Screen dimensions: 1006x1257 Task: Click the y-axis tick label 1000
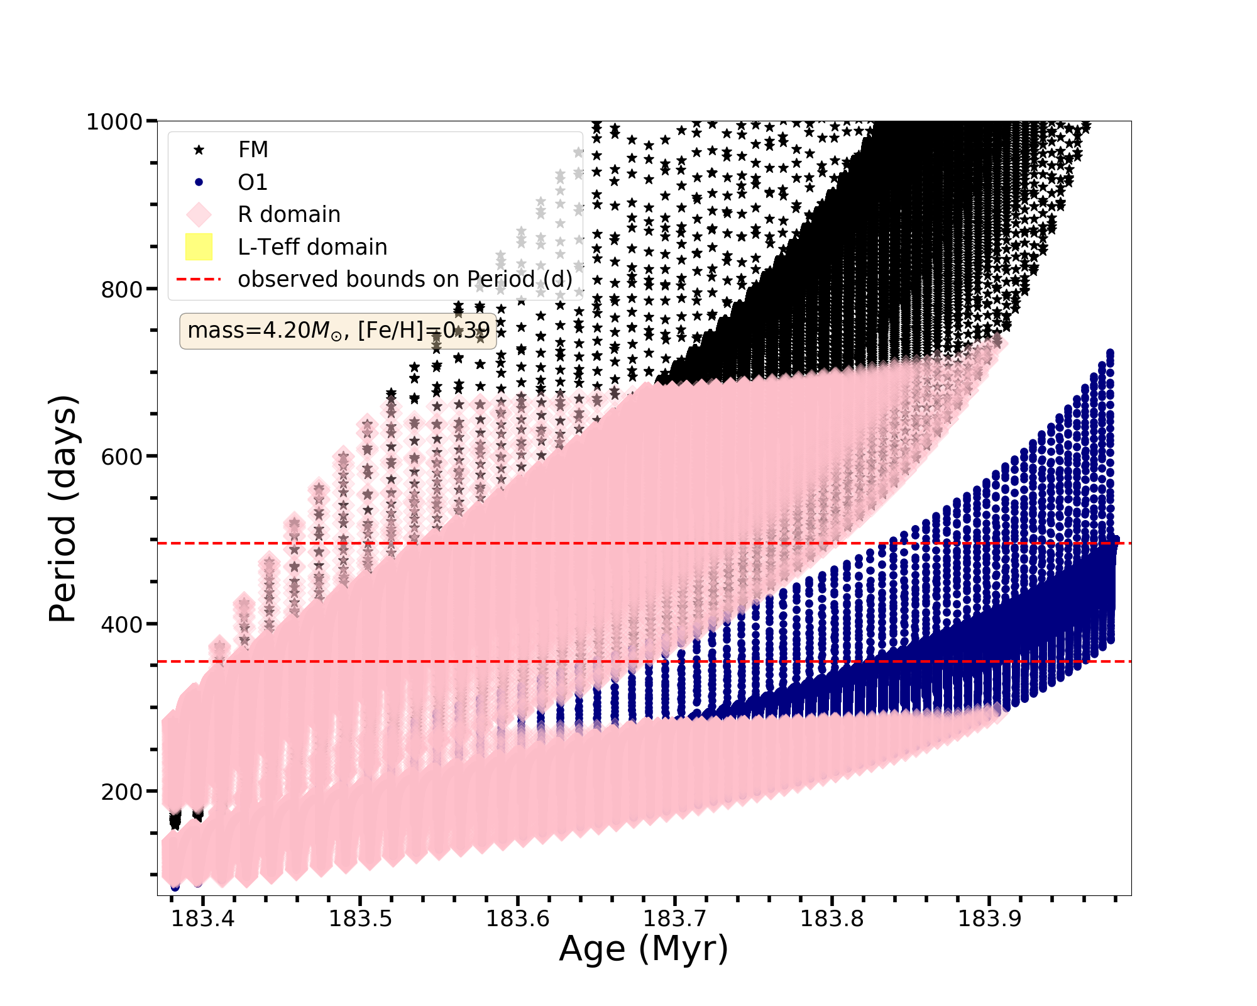[x=115, y=122]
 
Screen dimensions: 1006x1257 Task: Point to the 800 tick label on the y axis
[x=122, y=290]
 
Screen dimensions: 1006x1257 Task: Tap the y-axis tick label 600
[x=122, y=457]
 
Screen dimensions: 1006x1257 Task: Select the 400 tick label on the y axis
[x=122, y=625]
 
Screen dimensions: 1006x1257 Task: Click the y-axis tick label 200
[x=122, y=792]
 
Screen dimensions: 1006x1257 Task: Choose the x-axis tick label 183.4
[x=203, y=919]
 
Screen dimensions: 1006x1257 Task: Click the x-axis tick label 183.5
[x=361, y=919]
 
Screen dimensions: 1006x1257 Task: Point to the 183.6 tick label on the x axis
[x=518, y=919]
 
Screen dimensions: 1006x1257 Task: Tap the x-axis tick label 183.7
[x=674, y=919]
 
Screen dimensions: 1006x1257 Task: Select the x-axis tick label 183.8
[x=832, y=919]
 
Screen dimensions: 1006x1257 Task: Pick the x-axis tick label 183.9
[x=989, y=919]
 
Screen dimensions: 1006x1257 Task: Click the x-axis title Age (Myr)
[x=644, y=949]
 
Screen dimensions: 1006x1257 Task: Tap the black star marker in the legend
[x=199, y=150]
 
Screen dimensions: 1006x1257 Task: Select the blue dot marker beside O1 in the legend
[x=199, y=182]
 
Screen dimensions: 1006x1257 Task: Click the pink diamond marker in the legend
[x=199, y=214]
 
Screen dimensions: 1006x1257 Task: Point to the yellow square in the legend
[x=199, y=247]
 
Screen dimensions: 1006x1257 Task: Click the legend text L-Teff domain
[x=312, y=247]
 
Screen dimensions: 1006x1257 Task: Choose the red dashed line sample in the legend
[x=199, y=279]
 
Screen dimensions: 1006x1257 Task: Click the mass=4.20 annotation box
[x=338, y=331]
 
